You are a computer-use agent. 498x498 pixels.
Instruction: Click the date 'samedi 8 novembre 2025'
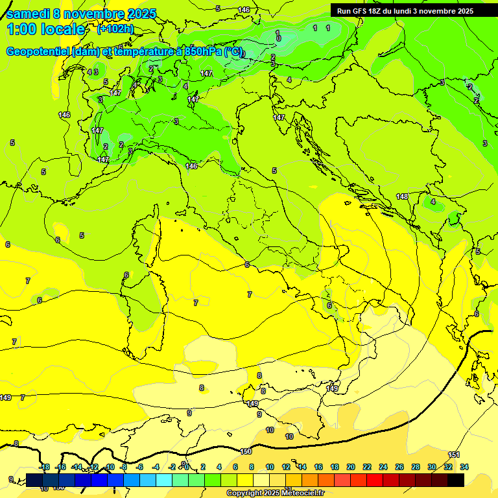[x=81, y=14]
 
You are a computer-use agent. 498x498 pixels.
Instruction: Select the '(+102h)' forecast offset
[x=115, y=29]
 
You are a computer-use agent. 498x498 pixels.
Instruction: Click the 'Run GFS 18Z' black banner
[x=405, y=11]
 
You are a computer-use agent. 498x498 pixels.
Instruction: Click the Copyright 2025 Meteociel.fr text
[x=274, y=493]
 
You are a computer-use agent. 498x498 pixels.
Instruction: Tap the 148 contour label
[x=402, y=196]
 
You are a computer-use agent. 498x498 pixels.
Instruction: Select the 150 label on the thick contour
[x=246, y=451]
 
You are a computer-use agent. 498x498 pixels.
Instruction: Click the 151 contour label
[x=454, y=455]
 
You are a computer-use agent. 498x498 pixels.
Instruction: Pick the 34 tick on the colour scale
[x=464, y=467]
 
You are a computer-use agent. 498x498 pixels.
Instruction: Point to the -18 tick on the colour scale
[x=44, y=467]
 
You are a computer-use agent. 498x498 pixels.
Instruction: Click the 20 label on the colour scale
[x=351, y=467]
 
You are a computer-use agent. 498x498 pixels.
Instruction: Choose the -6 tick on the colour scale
[x=139, y=467]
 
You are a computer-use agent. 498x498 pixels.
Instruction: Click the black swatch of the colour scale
[x=456, y=480]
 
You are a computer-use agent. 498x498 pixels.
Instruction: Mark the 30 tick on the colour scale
[x=432, y=467]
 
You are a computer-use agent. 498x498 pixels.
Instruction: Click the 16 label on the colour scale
[x=318, y=467]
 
